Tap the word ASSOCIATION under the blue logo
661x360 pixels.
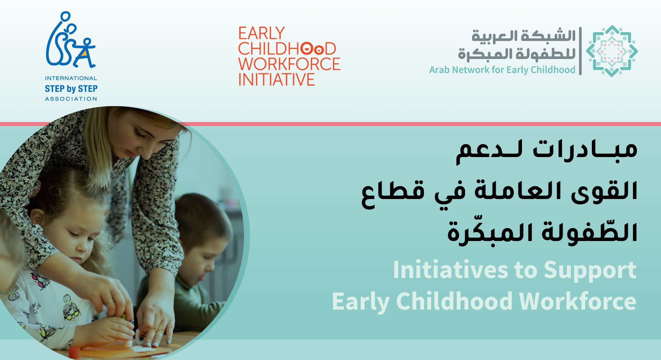click(x=71, y=99)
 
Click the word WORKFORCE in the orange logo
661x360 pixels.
click(x=289, y=64)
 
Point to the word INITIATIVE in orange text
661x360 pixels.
click(x=276, y=79)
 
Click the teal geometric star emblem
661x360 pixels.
click(x=612, y=51)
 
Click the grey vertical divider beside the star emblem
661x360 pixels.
click(x=580, y=51)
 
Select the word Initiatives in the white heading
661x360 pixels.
click(x=451, y=270)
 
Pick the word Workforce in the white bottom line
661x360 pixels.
click(x=578, y=301)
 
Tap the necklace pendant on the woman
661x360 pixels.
click(x=119, y=187)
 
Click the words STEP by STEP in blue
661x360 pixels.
click(x=71, y=88)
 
